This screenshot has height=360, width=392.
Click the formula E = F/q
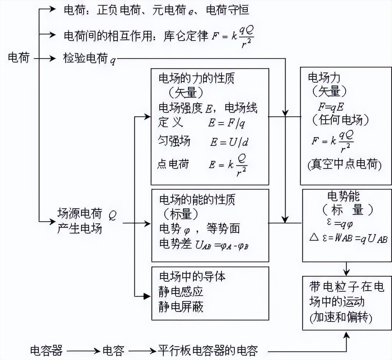pos(227,123)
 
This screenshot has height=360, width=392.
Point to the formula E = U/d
pos(229,142)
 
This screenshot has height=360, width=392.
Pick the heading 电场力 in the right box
pos(324,78)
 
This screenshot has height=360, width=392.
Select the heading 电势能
pos(344,196)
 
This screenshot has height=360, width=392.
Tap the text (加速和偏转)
pos(340,318)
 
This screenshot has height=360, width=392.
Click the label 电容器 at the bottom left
pos(47,350)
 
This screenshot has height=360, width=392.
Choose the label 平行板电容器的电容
pos(208,350)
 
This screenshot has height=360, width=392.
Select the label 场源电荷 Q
pos(87,214)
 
